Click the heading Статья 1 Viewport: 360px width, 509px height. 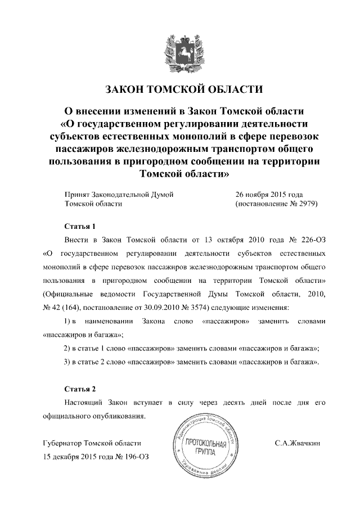click(x=76, y=227)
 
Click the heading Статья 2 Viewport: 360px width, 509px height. click(x=76, y=389)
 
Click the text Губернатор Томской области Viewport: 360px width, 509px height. click(x=92, y=443)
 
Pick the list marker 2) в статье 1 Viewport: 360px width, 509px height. click(x=67, y=348)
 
